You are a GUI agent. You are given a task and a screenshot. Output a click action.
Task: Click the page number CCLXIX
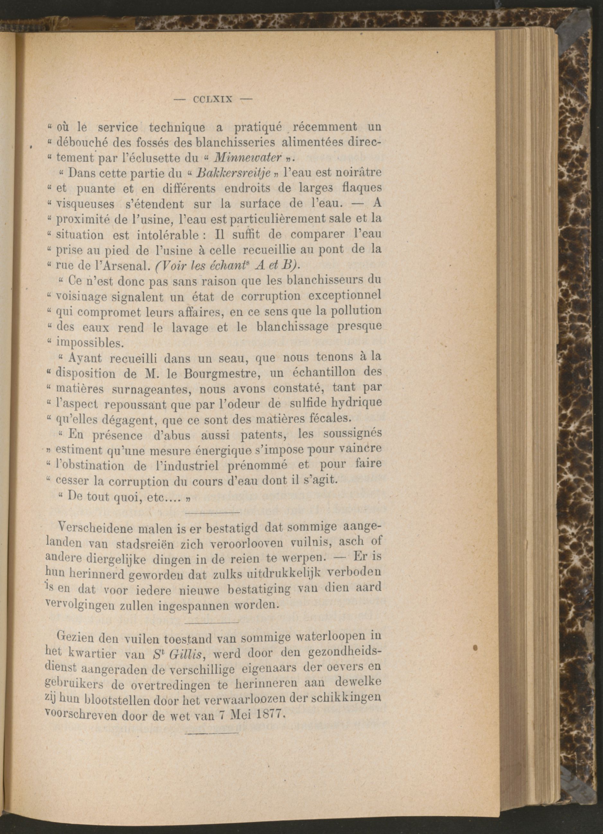point(212,99)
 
